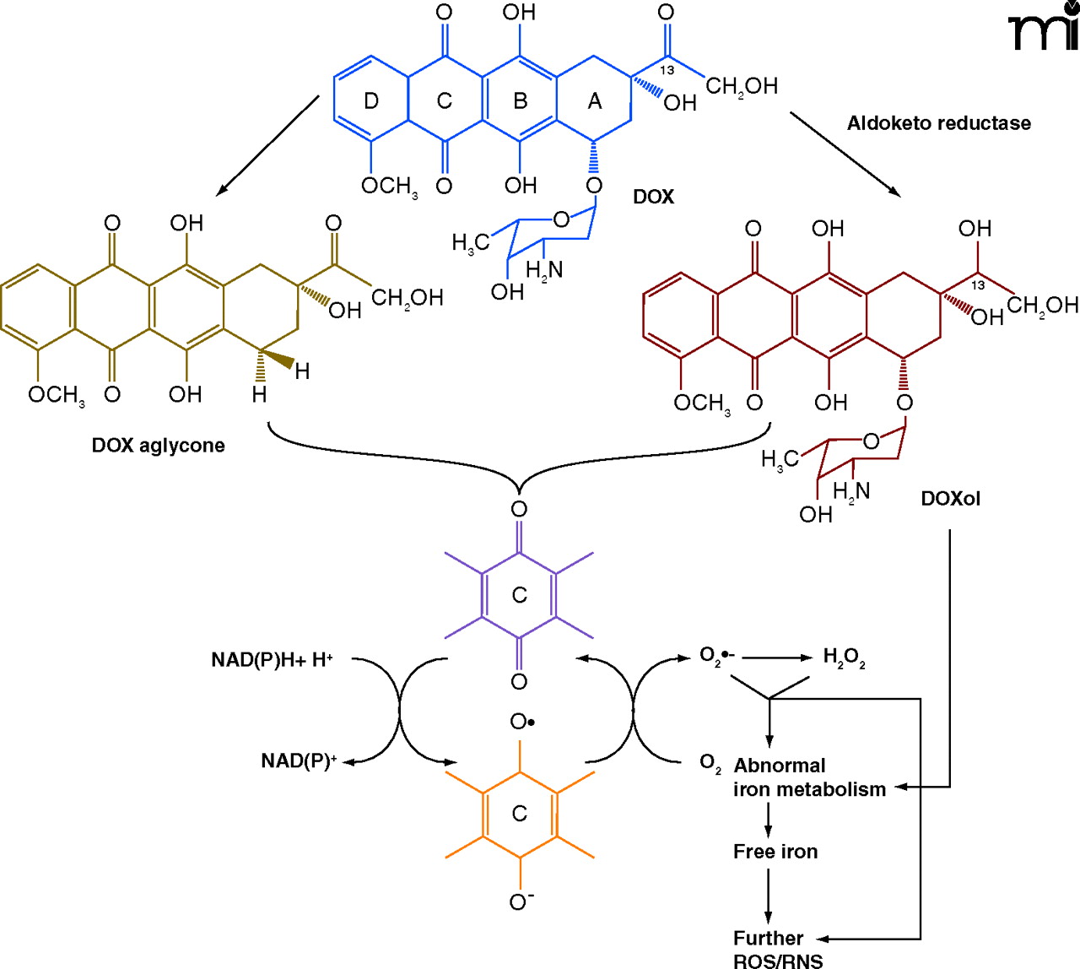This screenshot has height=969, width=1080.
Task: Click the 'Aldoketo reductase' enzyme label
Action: click(x=938, y=123)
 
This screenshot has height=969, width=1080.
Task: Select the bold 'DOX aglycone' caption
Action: click(x=159, y=446)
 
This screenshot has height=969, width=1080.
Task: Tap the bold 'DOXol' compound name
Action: click(x=951, y=498)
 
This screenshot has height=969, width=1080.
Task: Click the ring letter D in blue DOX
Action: click(x=371, y=101)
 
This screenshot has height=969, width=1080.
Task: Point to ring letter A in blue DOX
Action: click(x=595, y=101)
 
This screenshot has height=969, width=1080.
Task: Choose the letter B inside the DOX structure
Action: click(x=521, y=101)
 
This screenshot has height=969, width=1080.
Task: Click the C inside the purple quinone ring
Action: click(x=520, y=595)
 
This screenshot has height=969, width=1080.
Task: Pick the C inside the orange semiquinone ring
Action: click(x=520, y=813)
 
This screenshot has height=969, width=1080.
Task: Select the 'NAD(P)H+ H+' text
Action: click(x=272, y=659)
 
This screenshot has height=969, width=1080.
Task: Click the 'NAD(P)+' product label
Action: click(x=299, y=761)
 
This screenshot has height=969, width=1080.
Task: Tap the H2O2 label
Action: click(x=844, y=658)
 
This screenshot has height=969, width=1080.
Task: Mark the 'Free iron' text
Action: click(x=775, y=852)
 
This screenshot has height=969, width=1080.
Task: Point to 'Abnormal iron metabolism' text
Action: click(x=809, y=777)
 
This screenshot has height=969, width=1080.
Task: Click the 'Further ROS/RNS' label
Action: click(x=776, y=949)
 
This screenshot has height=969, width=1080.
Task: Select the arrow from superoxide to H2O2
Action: click(x=776, y=658)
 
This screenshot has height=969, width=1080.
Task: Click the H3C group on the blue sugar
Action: click(x=470, y=243)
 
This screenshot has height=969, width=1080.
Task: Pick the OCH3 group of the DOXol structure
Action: click(x=702, y=403)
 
